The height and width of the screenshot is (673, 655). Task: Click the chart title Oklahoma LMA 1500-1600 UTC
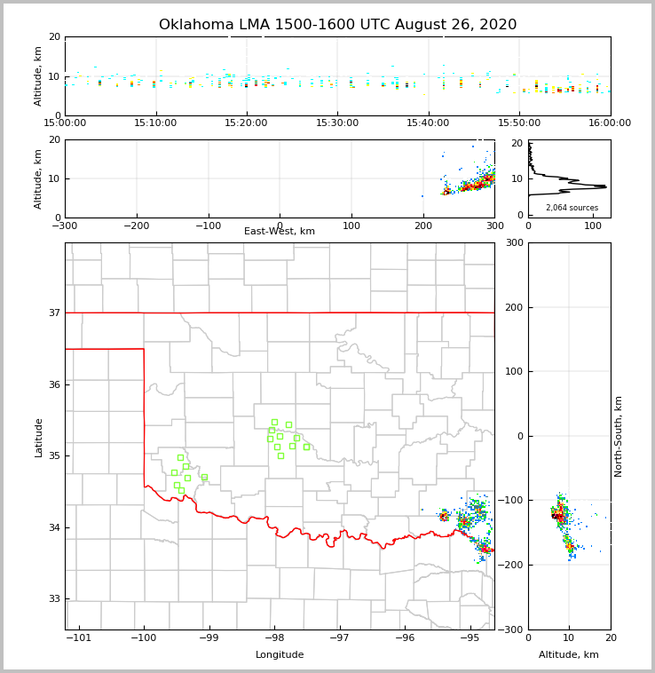point(337,25)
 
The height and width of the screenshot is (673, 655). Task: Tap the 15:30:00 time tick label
point(337,123)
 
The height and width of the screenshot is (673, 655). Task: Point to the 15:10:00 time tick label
point(155,123)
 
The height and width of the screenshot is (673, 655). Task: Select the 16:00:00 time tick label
point(610,123)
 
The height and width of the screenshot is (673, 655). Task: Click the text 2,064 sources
point(572,208)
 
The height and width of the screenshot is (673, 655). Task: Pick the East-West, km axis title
point(280,232)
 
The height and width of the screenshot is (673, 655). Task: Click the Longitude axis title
point(280,655)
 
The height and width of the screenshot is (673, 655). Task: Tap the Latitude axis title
point(39,437)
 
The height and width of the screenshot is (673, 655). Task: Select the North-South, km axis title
point(619,437)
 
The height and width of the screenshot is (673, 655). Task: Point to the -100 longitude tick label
point(144,638)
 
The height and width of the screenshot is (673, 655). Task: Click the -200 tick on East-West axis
point(136,226)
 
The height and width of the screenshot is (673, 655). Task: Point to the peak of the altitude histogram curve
point(605,186)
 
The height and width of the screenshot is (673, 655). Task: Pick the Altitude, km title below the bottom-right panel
point(569,655)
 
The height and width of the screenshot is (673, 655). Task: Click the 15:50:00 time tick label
point(519,123)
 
